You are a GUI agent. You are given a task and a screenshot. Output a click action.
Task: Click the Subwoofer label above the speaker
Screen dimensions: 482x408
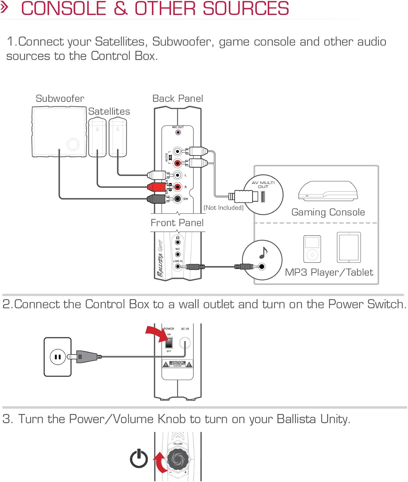point(60,98)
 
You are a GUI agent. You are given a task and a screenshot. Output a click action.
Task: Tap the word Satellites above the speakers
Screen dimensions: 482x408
point(109,111)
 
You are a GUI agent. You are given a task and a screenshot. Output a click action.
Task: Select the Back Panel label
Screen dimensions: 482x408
point(178,98)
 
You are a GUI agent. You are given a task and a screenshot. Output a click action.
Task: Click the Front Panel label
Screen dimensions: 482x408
point(177,223)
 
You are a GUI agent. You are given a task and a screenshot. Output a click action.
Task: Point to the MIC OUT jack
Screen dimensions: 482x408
point(178,132)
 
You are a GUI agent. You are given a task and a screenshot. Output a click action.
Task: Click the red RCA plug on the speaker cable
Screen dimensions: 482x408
point(156,187)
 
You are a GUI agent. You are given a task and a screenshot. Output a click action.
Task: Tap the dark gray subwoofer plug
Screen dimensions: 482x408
point(156,199)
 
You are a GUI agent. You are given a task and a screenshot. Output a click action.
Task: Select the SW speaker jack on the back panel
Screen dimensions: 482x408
point(178,199)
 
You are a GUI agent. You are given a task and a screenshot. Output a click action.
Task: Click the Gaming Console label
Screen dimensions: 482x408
point(328,212)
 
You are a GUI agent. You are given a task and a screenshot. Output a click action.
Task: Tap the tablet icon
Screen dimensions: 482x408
point(349,247)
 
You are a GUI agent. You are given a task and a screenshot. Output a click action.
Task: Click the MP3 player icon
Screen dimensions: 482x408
point(312,249)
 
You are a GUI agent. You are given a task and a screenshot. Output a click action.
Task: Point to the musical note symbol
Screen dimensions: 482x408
point(263,253)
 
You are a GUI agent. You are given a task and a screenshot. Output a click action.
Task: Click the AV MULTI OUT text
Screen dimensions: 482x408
point(263,184)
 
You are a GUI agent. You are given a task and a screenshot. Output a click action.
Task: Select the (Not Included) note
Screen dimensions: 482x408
point(224,208)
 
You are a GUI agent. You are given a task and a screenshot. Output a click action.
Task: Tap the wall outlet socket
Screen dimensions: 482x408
point(58,357)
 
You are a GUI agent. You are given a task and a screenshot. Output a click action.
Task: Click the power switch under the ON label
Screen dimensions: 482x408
point(169,343)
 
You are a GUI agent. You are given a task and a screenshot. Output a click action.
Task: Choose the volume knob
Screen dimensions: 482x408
point(178,458)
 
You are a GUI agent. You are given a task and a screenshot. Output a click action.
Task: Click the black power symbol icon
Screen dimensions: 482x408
point(139,458)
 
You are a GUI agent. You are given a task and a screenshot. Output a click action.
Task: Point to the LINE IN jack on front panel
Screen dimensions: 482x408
point(178,266)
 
